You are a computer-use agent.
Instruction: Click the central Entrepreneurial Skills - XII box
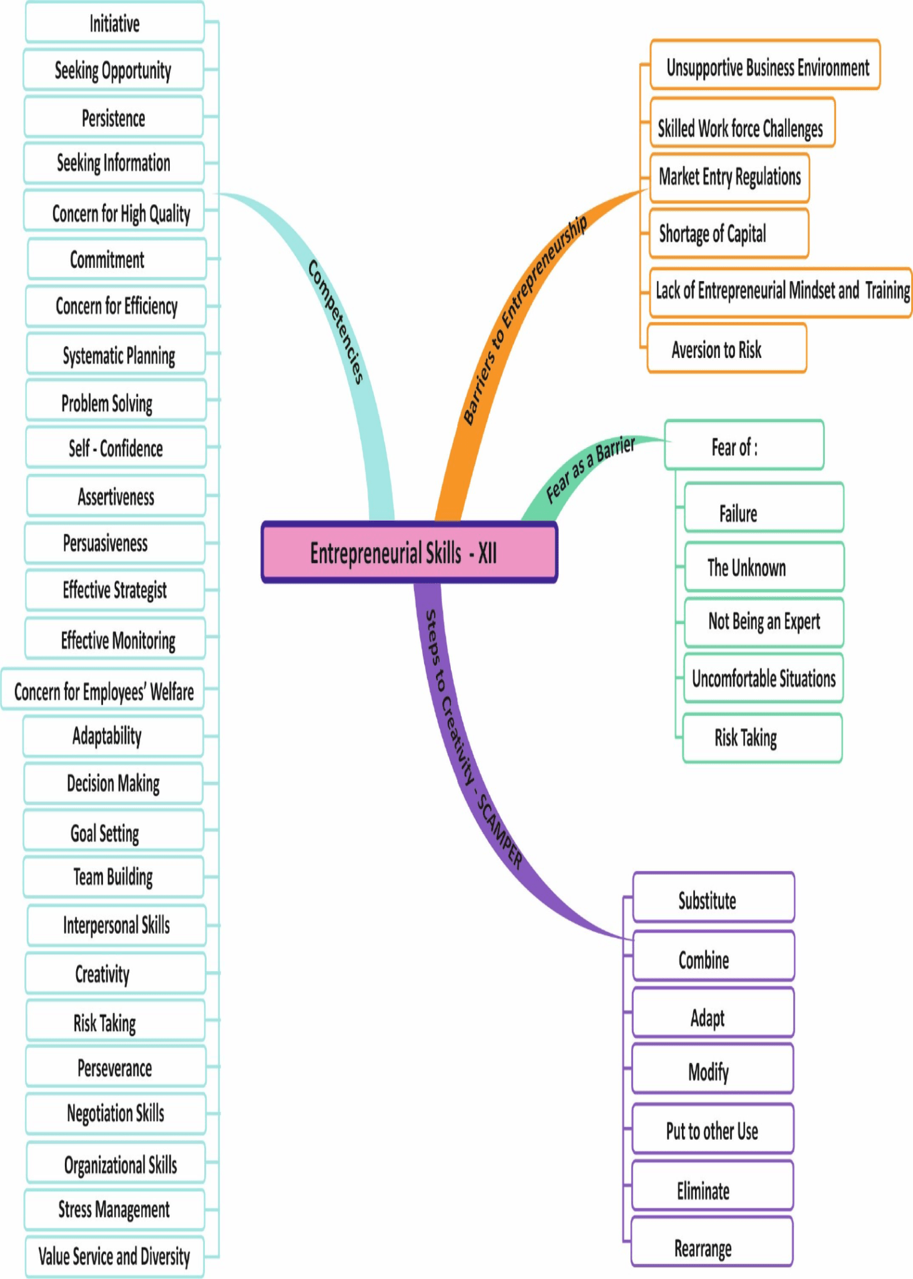409,553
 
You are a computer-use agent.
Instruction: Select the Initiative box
115,23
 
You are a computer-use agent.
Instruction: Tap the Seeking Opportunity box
114,70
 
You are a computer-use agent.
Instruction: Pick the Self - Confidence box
116,448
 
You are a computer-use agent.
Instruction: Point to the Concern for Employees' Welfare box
104,691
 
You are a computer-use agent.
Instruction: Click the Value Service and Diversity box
115,1256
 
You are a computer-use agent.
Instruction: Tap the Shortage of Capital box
729,234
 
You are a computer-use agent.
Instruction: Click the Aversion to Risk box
727,349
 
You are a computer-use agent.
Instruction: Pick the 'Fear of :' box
744,446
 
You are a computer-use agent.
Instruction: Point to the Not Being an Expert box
764,622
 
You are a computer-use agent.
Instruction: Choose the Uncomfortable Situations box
763,678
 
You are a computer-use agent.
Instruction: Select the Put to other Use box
713,1130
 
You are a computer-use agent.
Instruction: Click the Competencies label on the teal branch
336,321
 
